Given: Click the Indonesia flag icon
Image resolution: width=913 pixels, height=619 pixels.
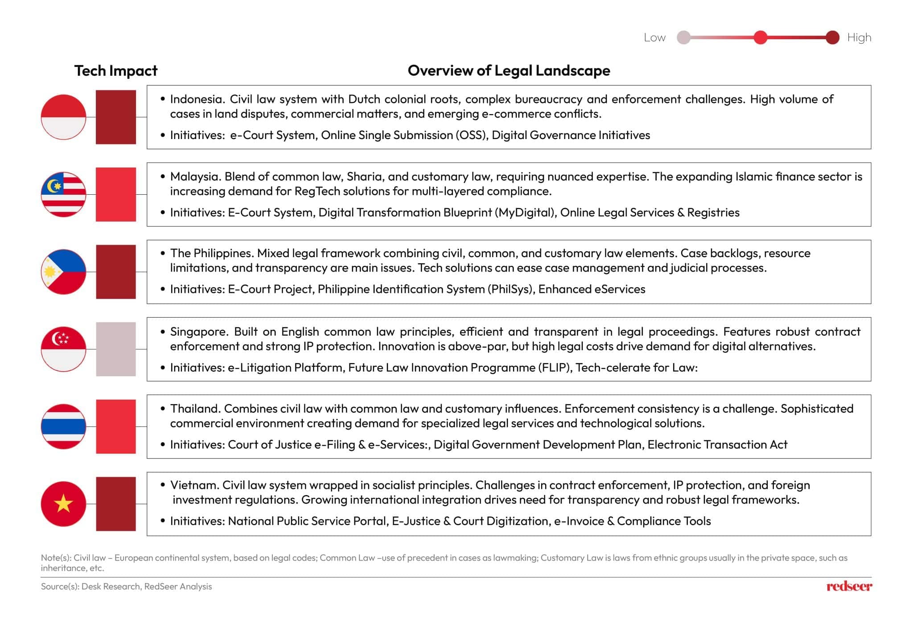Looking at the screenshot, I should (63, 117).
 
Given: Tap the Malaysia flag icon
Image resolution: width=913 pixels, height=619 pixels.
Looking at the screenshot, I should (63, 194).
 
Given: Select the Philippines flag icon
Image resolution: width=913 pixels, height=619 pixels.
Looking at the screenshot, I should (63, 271).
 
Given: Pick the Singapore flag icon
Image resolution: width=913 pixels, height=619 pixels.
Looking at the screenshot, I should (63, 349).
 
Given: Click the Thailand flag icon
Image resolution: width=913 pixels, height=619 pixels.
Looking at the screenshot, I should (63, 426).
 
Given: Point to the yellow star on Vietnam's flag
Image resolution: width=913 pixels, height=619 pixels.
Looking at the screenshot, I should (63, 504).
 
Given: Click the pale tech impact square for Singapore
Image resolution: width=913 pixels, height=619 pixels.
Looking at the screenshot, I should (116, 349).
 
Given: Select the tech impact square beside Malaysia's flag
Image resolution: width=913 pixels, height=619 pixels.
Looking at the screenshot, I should (116, 194).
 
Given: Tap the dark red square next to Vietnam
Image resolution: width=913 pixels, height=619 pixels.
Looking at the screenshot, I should (116, 504).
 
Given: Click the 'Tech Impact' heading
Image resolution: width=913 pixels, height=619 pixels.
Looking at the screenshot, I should (115, 70).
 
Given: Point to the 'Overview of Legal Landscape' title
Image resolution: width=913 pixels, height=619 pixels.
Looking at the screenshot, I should (509, 70).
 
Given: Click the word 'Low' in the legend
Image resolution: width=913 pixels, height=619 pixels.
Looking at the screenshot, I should (654, 37).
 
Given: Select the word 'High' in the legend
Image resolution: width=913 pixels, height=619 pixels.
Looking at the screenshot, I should (859, 37).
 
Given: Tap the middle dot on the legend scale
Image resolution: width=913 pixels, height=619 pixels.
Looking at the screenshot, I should (760, 37).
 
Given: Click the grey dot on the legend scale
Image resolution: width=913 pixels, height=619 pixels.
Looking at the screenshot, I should (683, 37).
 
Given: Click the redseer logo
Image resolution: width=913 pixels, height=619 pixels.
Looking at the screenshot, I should (849, 586).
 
